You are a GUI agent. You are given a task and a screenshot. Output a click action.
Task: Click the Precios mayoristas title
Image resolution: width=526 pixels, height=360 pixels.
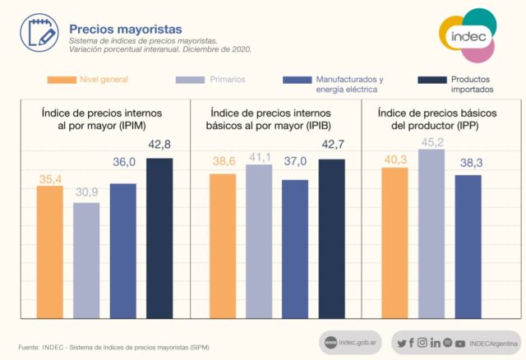pyautogui.click(x=120, y=30)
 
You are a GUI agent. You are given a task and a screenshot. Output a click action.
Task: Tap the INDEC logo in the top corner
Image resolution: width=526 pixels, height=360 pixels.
pyautogui.click(x=466, y=35)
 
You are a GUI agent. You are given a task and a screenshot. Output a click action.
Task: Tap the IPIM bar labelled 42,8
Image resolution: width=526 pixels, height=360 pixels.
pyautogui.click(x=159, y=238)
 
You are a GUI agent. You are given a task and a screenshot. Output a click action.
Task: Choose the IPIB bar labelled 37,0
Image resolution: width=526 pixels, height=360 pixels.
pyautogui.click(x=295, y=248)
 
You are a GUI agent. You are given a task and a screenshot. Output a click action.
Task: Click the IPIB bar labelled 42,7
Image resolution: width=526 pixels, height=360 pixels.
pyautogui.click(x=331, y=238)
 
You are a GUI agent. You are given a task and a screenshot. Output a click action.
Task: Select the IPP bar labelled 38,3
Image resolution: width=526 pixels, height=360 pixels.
pyautogui.click(x=468, y=246)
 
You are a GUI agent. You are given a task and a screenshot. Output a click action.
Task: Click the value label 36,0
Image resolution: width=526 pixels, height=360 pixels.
pyautogui.click(x=123, y=163)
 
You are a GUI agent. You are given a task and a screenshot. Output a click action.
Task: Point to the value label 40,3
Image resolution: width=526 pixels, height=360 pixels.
pyautogui.click(x=395, y=159)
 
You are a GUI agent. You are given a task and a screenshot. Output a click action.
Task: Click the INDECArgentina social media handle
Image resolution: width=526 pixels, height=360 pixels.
pyautogui.click(x=492, y=343)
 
